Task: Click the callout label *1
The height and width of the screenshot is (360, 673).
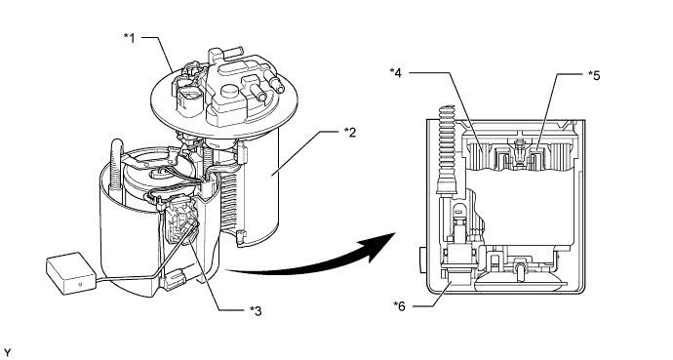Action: [x=130, y=38]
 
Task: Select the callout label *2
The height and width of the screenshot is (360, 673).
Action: [x=350, y=132]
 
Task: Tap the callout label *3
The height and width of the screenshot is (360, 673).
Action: [x=256, y=310]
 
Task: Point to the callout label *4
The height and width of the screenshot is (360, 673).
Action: [x=396, y=73]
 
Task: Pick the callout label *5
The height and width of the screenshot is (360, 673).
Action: [x=594, y=75]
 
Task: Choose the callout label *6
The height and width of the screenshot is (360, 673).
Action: [x=399, y=306]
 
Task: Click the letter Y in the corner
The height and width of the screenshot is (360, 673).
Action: [x=7, y=353]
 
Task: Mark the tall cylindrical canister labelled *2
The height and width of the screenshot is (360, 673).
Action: [x=257, y=184]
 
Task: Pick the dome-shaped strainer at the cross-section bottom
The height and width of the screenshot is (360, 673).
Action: [x=519, y=282]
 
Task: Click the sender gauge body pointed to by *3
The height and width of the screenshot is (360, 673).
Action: [x=179, y=219]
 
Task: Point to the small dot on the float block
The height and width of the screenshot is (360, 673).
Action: [x=80, y=284]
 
